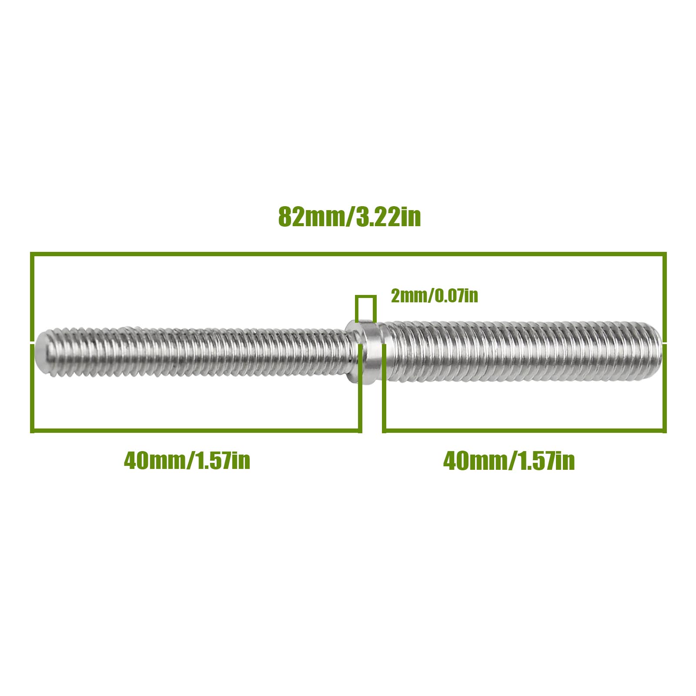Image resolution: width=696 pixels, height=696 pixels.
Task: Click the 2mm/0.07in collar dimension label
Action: click(434, 296)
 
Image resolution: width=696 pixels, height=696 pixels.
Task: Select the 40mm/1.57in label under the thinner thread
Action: click(187, 460)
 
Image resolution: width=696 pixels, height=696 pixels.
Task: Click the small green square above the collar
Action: click(365, 309)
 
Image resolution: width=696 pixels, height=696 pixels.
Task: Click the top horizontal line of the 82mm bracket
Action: click(348, 254)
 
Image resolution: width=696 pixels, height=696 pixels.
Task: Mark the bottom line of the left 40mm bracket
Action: click(196, 431)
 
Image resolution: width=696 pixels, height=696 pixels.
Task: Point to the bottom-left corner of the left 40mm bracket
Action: click(32, 431)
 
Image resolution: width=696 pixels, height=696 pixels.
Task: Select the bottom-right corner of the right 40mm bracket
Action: click(664, 431)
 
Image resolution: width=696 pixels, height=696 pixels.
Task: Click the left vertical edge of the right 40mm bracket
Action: click(384, 391)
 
